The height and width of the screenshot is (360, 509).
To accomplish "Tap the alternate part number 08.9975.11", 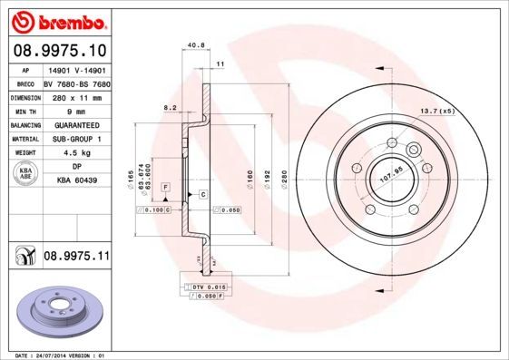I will pos(76,258).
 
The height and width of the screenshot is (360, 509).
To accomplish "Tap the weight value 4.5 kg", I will pos(75,153).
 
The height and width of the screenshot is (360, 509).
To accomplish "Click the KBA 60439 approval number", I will pos(76,181).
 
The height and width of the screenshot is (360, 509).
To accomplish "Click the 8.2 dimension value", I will pos(169,107).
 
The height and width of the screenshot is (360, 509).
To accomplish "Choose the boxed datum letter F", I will pos(166,186).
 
